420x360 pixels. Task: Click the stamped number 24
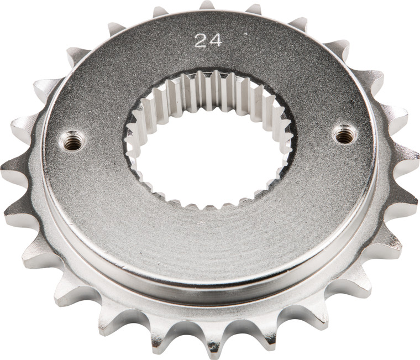208,40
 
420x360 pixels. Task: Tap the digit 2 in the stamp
201,40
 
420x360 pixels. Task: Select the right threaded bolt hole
345,133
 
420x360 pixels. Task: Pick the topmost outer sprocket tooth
207,6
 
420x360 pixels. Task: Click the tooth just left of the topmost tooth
160,11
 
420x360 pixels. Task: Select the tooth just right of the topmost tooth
253,9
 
